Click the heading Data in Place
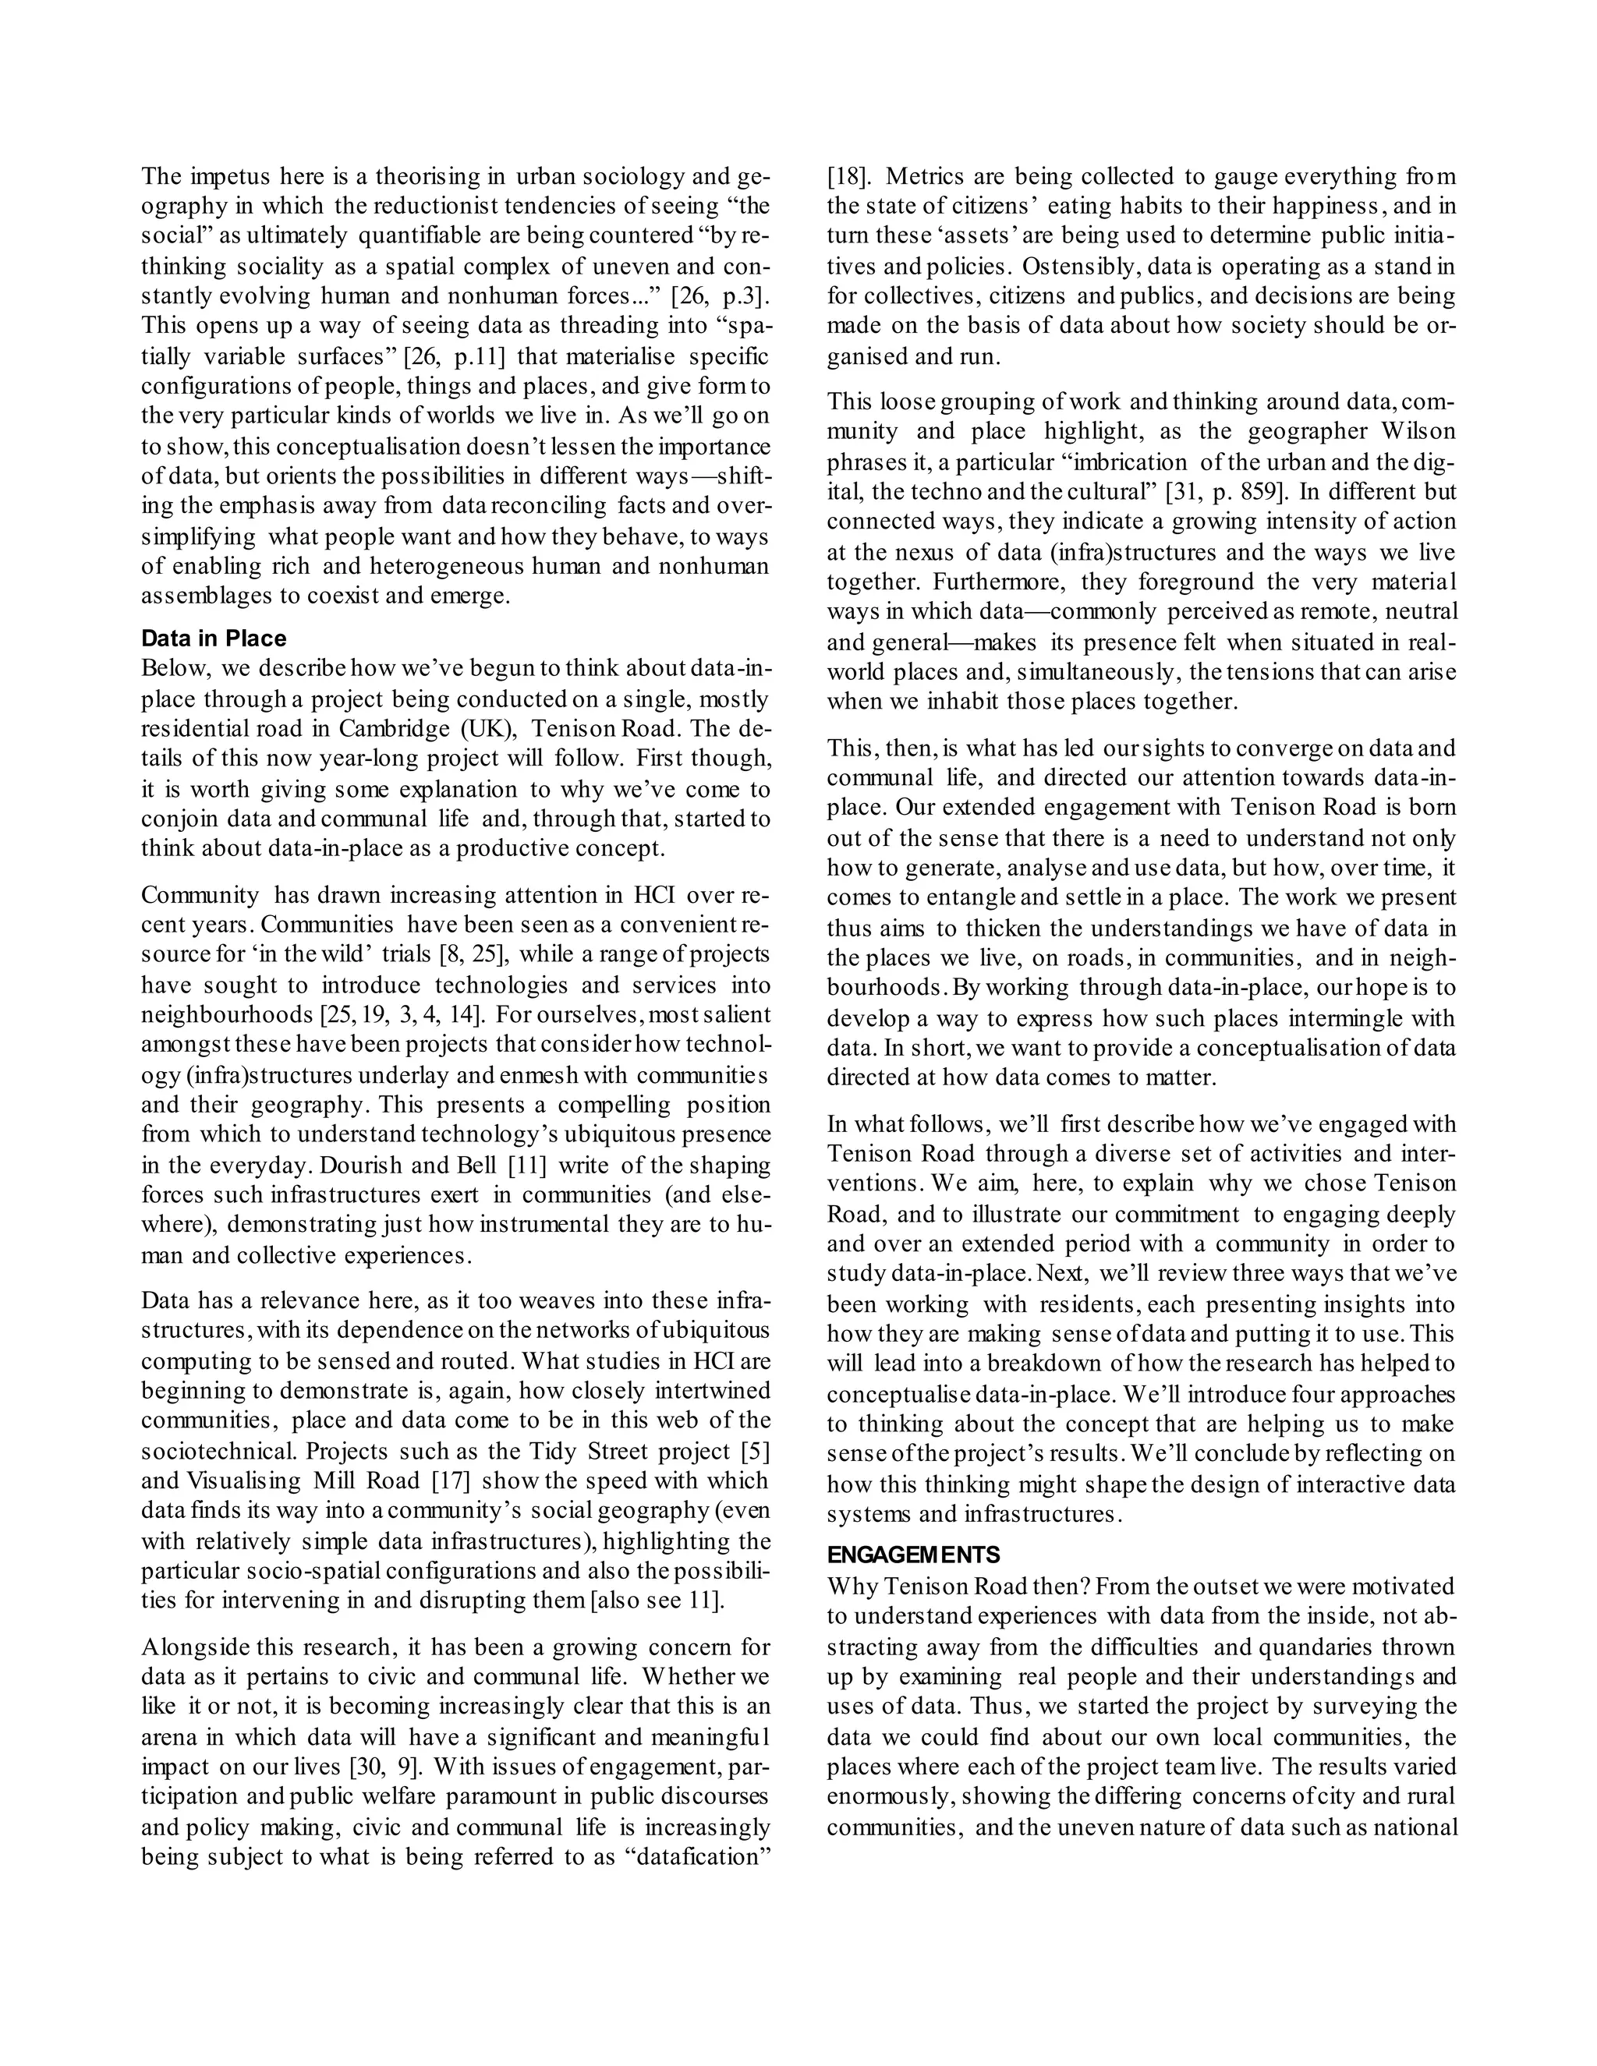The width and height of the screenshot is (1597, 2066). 214,639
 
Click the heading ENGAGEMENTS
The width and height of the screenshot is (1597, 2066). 913,1555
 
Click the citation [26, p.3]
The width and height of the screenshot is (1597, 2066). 719,296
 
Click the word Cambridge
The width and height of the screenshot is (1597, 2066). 396,730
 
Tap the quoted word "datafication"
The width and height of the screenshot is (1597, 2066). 699,1857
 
